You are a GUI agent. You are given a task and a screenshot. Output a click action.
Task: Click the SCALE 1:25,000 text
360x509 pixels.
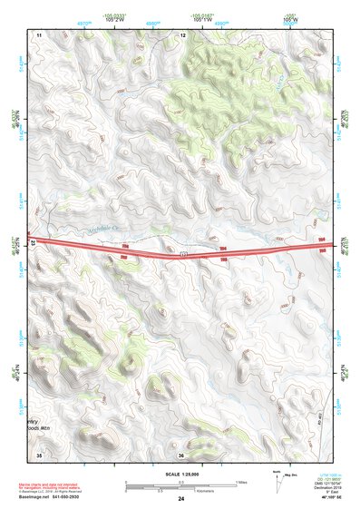pyautogui.click(x=180, y=474)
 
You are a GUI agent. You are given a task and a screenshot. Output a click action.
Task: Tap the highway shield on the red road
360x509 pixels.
pyautogui.click(x=182, y=255)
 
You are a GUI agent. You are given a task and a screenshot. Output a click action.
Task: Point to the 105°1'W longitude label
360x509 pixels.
pyautogui.click(x=204, y=19)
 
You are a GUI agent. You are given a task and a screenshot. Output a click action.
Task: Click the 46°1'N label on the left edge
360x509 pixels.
pyautogui.click(x=14, y=372)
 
